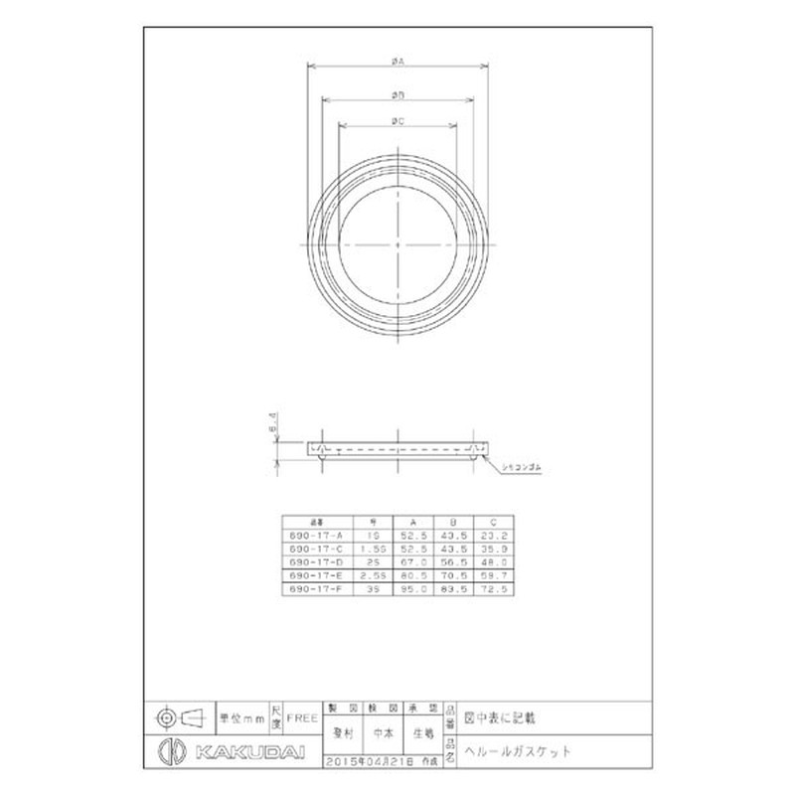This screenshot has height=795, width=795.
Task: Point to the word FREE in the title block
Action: [303, 715]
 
